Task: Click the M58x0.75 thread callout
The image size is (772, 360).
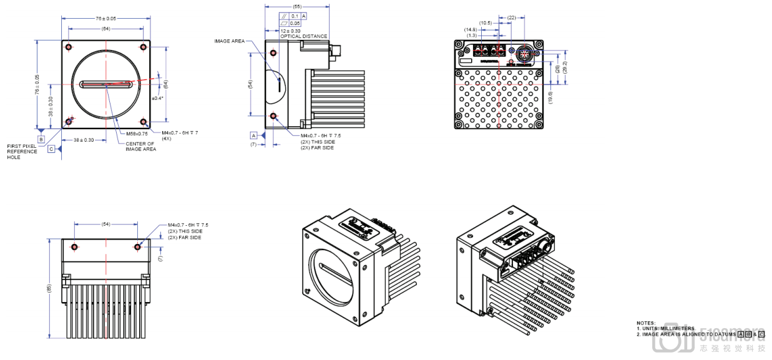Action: [x=137, y=134]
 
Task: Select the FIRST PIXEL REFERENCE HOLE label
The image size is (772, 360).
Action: [x=22, y=152]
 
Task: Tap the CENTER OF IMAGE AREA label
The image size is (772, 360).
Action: [x=140, y=147]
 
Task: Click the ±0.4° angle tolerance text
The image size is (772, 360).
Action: [x=157, y=98]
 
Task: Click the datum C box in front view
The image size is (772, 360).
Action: [x=51, y=149]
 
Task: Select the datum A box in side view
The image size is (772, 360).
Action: [x=254, y=135]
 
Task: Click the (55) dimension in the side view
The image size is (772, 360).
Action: [x=297, y=6]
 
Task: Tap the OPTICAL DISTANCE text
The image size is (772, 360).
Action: [x=303, y=36]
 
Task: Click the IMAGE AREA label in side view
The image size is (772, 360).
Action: [x=230, y=41]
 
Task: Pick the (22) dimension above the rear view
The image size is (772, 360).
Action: [x=512, y=17]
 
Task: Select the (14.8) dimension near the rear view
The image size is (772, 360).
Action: [x=471, y=29]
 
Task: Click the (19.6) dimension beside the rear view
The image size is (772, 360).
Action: [x=550, y=96]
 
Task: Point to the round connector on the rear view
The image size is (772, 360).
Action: [x=524, y=54]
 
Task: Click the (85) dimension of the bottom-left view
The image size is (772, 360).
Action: [x=49, y=288]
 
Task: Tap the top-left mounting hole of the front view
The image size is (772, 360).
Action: [x=67, y=47]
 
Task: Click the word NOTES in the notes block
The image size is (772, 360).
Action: [x=646, y=323]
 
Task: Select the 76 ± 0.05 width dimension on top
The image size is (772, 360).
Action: [x=105, y=18]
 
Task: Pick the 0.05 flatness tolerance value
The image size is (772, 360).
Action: [x=295, y=23]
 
